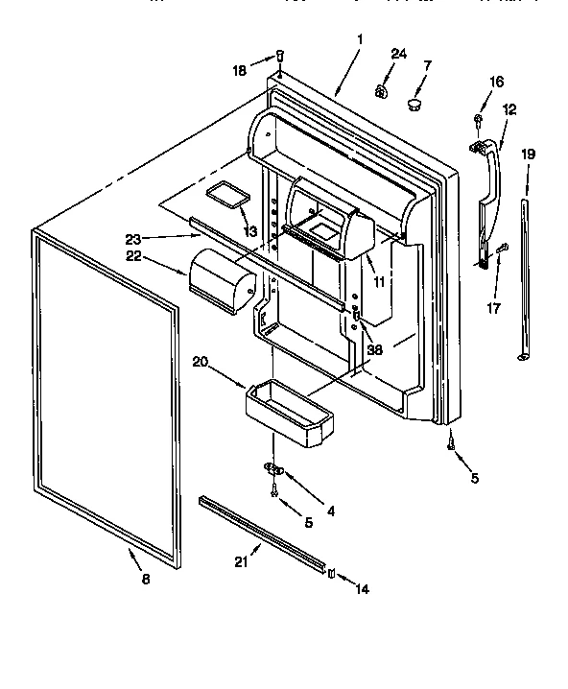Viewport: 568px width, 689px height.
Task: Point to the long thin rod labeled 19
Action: (525, 278)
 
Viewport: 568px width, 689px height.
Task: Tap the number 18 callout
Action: (240, 69)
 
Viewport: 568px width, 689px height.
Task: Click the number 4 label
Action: (330, 511)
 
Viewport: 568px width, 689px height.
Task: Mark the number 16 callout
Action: (496, 83)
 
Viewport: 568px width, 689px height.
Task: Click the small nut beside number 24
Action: (380, 92)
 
